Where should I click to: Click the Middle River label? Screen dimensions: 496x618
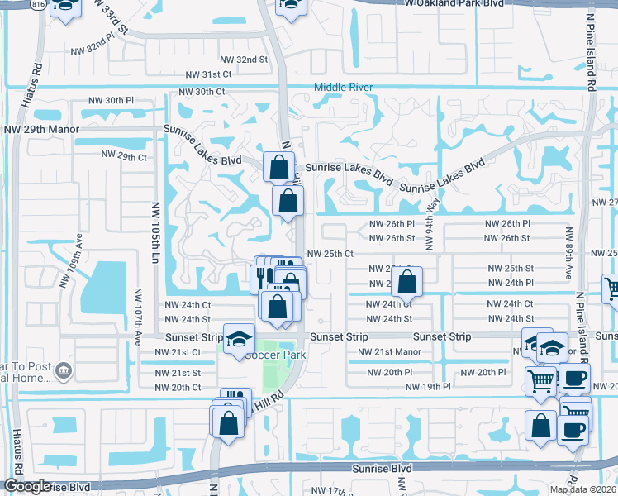tap(343, 88)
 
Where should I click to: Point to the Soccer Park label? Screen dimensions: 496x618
tap(275, 355)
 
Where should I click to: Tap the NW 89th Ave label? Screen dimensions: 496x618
tap(569, 253)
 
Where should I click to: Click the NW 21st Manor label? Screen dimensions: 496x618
tap(389, 352)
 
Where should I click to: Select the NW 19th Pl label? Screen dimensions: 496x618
tap(428, 387)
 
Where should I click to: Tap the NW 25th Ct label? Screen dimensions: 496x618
tap(330, 254)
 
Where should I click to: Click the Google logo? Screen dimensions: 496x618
tap(26, 486)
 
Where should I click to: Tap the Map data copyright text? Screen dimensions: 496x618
tap(583, 489)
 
